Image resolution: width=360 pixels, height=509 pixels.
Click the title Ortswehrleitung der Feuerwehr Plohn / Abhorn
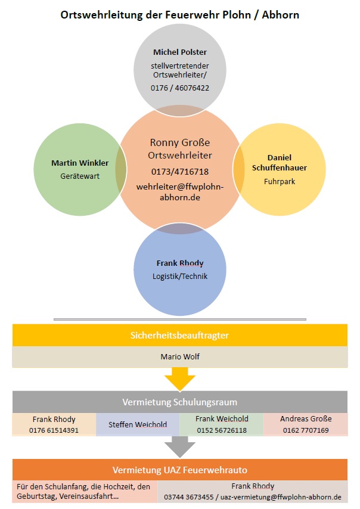(x=180, y=14)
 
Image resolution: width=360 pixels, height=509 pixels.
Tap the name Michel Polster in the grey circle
(x=180, y=52)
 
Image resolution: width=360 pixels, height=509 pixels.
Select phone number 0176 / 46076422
(x=180, y=88)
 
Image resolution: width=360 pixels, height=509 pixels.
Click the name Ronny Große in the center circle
(x=180, y=143)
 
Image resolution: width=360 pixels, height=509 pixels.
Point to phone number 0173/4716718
(x=180, y=172)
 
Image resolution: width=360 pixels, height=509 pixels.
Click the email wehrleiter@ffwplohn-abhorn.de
(x=180, y=191)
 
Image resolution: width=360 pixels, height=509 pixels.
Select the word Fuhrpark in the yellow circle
(x=280, y=181)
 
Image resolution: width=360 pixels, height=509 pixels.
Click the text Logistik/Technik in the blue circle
(x=180, y=276)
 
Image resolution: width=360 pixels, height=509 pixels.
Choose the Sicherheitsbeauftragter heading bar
(x=179, y=336)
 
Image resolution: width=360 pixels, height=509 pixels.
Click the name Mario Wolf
(x=179, y=357)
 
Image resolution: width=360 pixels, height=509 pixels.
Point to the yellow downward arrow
(x=179, y=378)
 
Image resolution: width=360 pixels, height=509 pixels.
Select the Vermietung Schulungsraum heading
(x=179, y=401)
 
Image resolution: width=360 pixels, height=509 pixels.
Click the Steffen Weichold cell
(x=138, y=425)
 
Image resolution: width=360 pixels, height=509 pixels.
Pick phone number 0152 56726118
(x=221, y=430)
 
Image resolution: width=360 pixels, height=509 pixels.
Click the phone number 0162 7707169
(x=305, y=430)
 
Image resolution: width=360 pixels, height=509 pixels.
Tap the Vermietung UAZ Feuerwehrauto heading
(x=179, y=469)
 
